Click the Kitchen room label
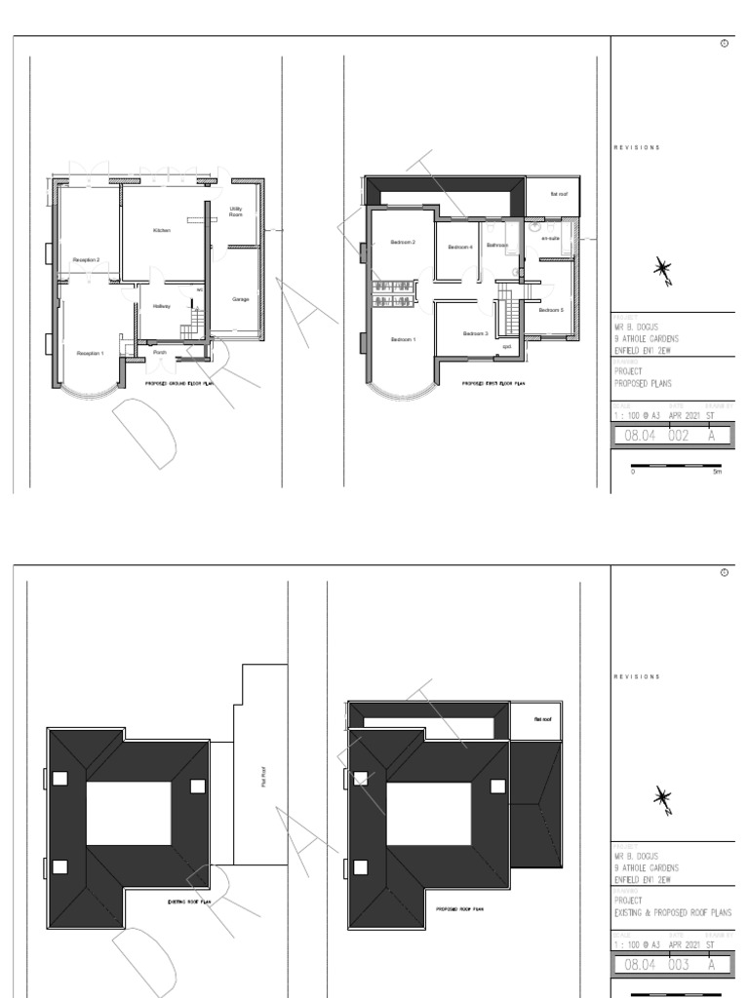tap(162, 230)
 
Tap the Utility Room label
tap(236, 211)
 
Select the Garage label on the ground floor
tap(240, 299)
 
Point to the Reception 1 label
tap(90, 353)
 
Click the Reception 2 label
tap(86, 260)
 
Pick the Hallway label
tap(161, 306)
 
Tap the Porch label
tap(160, 353)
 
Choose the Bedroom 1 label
tap(403, 339)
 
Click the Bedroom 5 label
tap(551, 310)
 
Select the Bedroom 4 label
tap(460, 248)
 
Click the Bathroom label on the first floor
tap(497, 246)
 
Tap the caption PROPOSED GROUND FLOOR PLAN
tap(178, 385)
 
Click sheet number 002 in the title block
tap(678, 437)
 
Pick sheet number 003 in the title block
tap(678, 965)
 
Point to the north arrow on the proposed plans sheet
tap(664, 272)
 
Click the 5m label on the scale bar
tap(718, 472)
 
